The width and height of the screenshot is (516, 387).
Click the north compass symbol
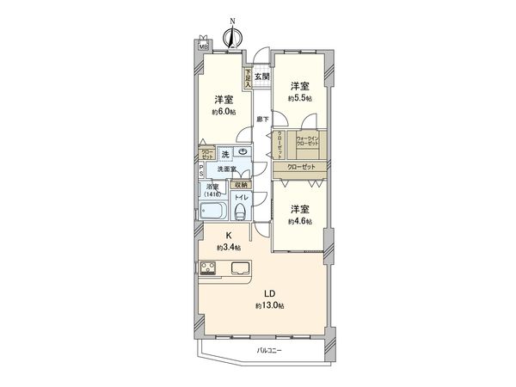pyautogui.click(x=232, y=38)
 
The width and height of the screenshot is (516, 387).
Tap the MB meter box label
pyautogui.click(x=203, y=46)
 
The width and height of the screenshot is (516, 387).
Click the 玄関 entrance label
pyautogui.click(x=261, y=78)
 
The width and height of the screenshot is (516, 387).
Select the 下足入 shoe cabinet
pyautogui.click(x=248, y=80)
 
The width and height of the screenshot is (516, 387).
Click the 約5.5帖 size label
pyautogui.click(x=299, y=99)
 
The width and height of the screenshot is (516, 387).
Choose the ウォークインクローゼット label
pyautogui.click(x=309, y=140)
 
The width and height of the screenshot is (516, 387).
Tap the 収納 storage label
pyautogui.click(x=242, y=184)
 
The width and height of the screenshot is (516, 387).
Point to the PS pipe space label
pyautogui.click(x=201, y=169)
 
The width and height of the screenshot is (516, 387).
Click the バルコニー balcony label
pyautogui.click(x=269, y=351)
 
